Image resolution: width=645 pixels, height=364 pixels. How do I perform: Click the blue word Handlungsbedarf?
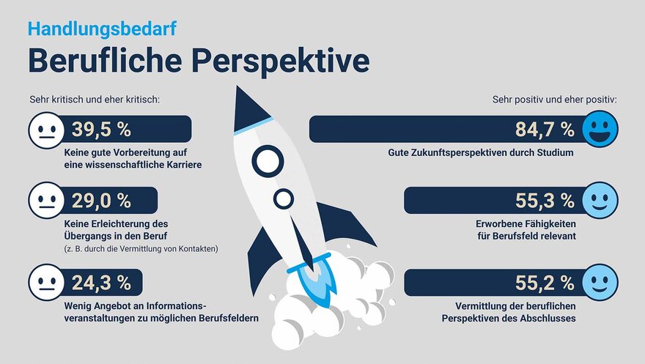coord(102,29)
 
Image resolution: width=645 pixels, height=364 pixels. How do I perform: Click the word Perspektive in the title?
coord(281,62)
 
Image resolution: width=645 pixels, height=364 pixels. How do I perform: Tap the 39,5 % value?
coord(101,130)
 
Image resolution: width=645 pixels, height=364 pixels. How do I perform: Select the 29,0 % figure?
coord(101,201)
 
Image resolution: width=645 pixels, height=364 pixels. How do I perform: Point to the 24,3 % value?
coord(101,283)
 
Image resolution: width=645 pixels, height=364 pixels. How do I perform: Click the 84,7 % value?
coord(545,130)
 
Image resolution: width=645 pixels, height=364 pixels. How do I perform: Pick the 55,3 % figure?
coord(545,201)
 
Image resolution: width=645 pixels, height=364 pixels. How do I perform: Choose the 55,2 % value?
coord(545,283)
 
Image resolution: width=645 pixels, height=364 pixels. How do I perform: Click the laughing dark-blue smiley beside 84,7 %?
coord(600,129)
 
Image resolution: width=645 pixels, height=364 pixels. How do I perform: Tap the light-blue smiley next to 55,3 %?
coord(600,201)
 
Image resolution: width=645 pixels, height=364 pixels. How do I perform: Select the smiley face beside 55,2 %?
coord(600,282)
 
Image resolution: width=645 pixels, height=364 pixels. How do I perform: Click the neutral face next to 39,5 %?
coord(46,130)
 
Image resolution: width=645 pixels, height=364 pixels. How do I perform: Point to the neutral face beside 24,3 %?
coord(46,282)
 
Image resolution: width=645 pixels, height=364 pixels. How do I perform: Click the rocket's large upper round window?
coord(268,161)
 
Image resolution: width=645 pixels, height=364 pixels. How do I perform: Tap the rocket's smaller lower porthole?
coord(284,198)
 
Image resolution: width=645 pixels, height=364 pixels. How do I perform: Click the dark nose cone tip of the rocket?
coord(237,87)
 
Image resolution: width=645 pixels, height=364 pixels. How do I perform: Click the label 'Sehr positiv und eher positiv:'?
coord(555,100)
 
